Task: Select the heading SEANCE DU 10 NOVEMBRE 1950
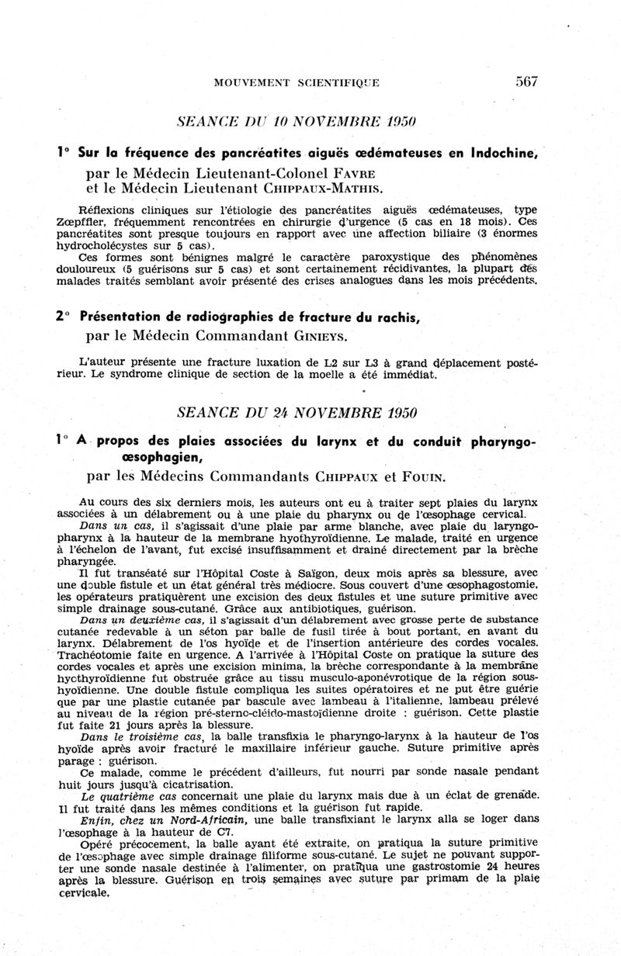coord(298,123)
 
